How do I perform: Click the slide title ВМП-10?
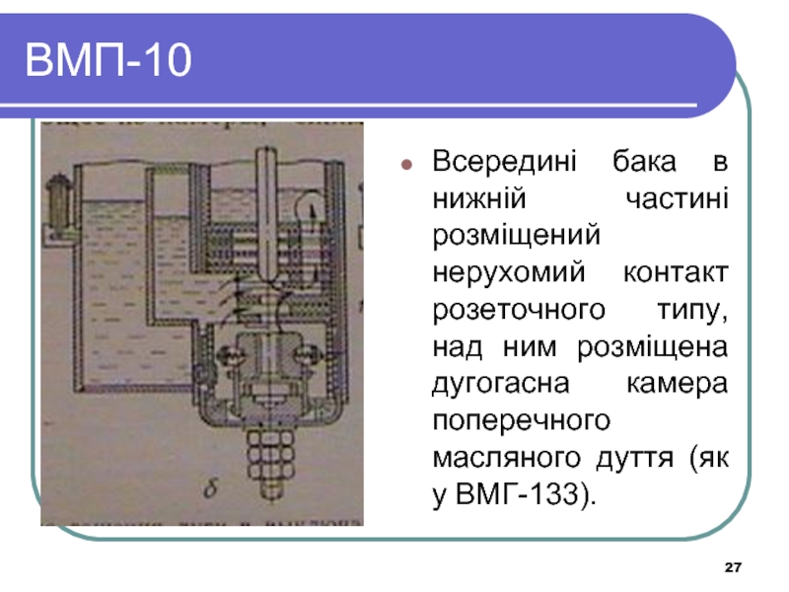click(109, 60)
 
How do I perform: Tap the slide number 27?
click(732, 568)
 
